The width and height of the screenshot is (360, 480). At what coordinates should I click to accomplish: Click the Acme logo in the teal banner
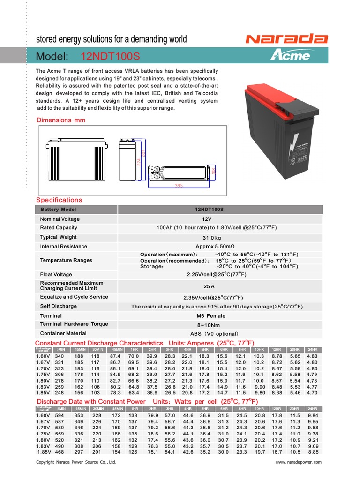pyautogui.click(x=290, y=56)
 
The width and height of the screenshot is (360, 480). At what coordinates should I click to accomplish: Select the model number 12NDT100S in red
pyautogui.click(x=110, y=57)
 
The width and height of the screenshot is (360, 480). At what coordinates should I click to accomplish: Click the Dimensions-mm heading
pyautogui.click(x=61, y=120)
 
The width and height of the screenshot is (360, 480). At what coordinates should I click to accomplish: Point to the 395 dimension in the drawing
pyautogui.click(x=179, y=186)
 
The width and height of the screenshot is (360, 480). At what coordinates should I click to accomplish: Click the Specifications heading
pyautogui.click(x=59, y=200)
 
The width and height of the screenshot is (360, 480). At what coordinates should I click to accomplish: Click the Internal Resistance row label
pyautogui.click(x=64, y=246)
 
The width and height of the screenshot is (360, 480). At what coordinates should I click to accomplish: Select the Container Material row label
pyautogui.click(x=63, y=333)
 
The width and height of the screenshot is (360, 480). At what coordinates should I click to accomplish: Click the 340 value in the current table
pyautogui.click(x=59, y=356)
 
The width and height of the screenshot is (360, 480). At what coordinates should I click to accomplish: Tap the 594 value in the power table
pyautogui.click(x=59, y=415)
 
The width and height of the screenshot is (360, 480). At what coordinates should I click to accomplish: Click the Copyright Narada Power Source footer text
pyautogui.click(x=76, y=462)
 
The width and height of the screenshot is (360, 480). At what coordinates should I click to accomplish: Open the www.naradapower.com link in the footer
pyautogui.click(x=299, y=462)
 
